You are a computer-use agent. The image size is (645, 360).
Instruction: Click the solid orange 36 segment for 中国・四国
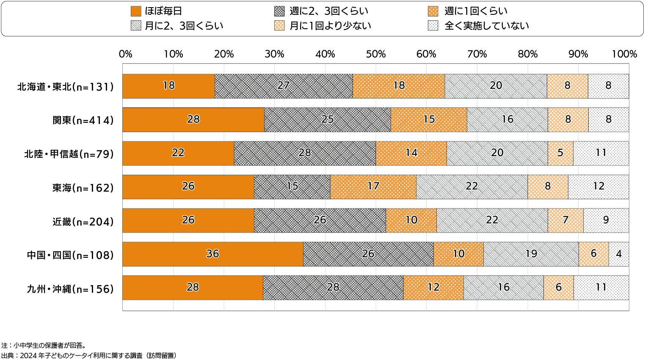213,254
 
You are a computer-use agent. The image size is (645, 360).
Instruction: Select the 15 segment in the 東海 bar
292,187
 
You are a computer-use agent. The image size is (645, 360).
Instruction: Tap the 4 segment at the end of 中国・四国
619,254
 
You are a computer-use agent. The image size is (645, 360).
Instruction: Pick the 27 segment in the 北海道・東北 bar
284,86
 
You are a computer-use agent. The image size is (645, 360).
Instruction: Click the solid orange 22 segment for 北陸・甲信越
178,153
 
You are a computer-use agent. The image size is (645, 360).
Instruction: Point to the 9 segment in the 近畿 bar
606,220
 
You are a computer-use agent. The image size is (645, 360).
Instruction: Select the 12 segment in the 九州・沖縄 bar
433,288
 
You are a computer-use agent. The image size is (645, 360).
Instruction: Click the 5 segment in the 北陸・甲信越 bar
560,153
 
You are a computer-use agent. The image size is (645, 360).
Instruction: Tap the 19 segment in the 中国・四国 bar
531,254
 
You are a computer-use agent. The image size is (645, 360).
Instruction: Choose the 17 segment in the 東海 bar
373,187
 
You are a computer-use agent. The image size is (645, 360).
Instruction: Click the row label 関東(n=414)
83,120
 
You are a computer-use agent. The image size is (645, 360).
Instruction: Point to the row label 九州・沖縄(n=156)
70,289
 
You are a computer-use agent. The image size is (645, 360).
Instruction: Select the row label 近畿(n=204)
83,222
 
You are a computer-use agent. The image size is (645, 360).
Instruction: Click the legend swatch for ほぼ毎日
136,11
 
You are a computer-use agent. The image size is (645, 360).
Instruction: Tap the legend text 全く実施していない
487,26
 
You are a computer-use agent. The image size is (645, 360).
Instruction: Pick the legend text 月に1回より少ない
330,26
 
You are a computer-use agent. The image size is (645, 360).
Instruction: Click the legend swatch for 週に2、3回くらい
279,11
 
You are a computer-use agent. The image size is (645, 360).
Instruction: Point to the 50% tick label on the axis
376,54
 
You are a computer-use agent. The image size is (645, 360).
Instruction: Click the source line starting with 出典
89,356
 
